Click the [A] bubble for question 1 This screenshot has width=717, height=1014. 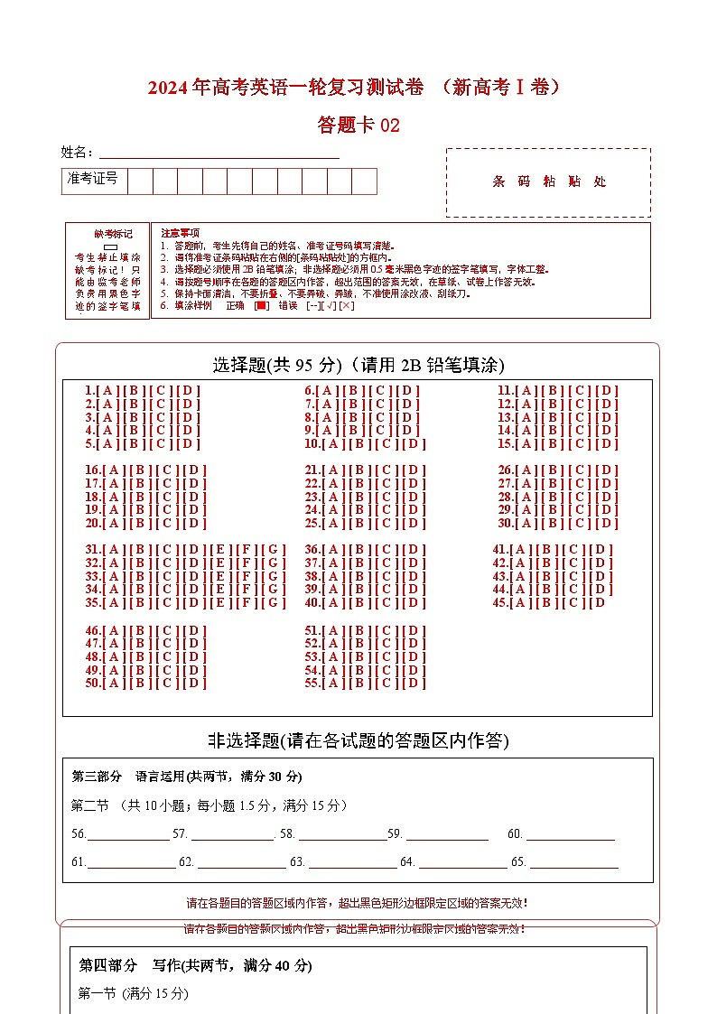click(107, 391)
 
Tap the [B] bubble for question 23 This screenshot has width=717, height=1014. click(358, 497)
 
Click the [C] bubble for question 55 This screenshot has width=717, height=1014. click(386, 683)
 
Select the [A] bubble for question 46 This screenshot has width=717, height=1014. click(115, 630)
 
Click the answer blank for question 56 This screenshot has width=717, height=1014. click(127, 834)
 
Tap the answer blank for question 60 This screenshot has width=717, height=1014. click(571, 834)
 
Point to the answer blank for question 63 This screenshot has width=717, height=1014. click(352, 862)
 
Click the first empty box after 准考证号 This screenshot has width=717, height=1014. click(140, 181)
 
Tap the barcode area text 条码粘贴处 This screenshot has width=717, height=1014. click(549, 181)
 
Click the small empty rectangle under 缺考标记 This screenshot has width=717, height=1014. click(110, 247)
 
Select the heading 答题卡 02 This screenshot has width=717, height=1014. click(358, 125)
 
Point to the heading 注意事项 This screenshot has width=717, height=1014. click(180, 233)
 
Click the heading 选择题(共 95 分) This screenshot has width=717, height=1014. click(276, 365)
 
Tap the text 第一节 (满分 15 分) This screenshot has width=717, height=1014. click(134, 993)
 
